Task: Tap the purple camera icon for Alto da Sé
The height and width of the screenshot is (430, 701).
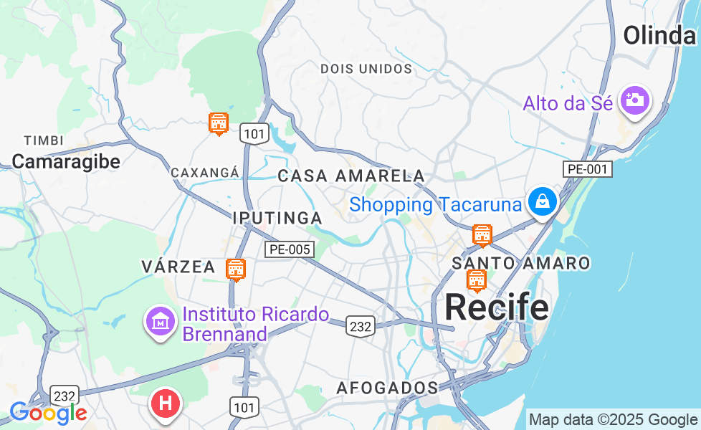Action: click(634, 100)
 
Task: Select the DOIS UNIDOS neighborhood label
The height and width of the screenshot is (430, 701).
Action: click(366, 69)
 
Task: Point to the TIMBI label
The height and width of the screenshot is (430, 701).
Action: click(44, 140)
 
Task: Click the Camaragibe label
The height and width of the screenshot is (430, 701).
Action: click(66, 161)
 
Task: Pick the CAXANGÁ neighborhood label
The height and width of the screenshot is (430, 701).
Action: click(204, 173)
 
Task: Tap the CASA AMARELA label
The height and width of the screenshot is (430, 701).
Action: click(350, 176)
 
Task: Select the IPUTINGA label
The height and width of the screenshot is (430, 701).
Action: click(277, 217)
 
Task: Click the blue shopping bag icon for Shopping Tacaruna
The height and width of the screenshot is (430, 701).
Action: click(543, 202)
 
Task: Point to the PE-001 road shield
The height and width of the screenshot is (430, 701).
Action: click(587, 170)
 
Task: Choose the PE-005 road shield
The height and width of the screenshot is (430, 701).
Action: click(290, 249)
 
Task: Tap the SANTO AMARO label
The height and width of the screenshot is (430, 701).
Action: click(521, 263)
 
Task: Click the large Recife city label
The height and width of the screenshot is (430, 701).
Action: click(497, 307)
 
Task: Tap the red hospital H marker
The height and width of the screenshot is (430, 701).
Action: click(165, 403)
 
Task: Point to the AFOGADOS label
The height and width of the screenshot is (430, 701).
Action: click(387, 388)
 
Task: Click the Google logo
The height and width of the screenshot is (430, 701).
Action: click(48, 413)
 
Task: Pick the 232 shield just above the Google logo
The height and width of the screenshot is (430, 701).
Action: click(65, 396)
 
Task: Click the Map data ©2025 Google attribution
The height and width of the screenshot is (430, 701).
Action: click(612, 419)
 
